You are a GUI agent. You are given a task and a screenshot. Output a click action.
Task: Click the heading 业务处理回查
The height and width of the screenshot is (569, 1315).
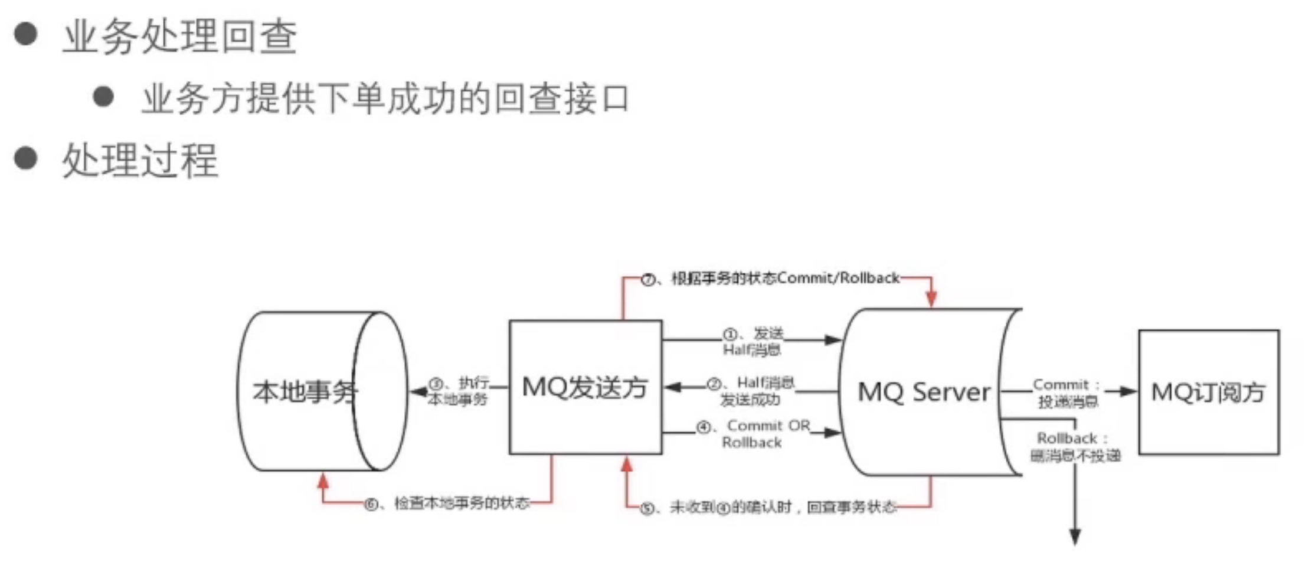180,37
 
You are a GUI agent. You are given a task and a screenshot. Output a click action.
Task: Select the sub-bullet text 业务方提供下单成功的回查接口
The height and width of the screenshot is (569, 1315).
385,99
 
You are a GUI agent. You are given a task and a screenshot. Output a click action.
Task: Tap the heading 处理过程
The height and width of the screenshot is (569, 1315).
140,160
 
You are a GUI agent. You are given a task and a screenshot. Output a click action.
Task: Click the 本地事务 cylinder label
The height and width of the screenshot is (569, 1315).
305,391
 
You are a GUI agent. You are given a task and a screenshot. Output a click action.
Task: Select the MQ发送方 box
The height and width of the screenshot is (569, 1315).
585,387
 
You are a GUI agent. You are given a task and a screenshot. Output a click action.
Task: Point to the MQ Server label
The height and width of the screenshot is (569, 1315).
924,392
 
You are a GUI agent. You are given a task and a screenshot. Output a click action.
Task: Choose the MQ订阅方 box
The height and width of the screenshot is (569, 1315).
1208,392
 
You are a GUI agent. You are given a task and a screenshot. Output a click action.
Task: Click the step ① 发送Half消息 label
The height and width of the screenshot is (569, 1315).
753,341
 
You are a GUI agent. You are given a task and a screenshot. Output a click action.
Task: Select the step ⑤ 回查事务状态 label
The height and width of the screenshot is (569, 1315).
770,507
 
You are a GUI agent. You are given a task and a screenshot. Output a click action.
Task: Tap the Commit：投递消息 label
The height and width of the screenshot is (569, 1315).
1067,393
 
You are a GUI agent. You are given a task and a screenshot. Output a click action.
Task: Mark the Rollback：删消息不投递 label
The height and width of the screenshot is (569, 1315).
1074,447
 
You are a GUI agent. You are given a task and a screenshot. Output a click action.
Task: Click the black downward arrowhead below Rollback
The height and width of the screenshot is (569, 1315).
1075,537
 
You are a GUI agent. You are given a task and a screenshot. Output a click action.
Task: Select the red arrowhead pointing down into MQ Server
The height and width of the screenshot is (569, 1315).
931,299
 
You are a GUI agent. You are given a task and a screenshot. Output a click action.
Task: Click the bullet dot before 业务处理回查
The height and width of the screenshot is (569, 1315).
26,34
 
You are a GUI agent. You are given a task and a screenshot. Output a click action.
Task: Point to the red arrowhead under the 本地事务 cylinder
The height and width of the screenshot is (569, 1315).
323,481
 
